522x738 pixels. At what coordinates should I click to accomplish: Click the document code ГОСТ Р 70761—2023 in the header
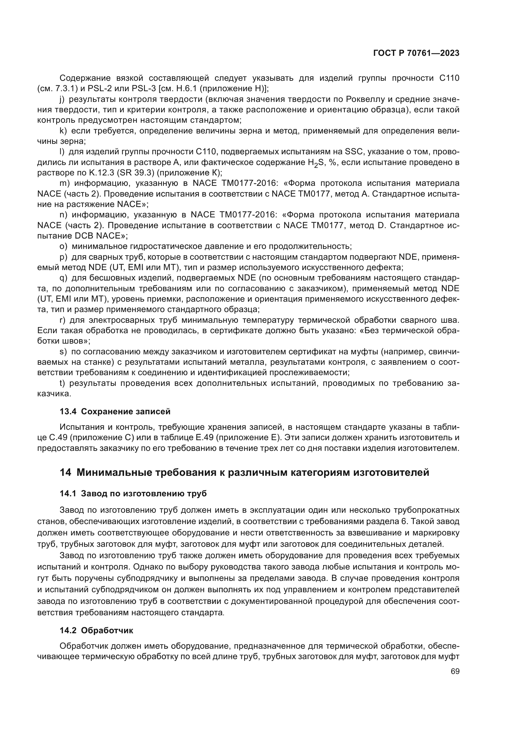coord(416,53)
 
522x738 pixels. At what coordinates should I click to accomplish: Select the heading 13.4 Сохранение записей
coord(115,411)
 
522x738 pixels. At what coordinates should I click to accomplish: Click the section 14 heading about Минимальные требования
coord(244,472)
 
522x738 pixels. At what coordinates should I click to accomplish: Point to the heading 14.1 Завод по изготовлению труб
coord(133,493)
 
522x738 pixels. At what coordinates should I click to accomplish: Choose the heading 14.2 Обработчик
coord(97,630)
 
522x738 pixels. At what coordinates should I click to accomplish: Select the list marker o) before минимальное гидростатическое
coord(63,246)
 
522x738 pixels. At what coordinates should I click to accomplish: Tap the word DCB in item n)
coord(84,236)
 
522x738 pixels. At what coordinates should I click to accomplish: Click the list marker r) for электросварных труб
coord(62,320)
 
